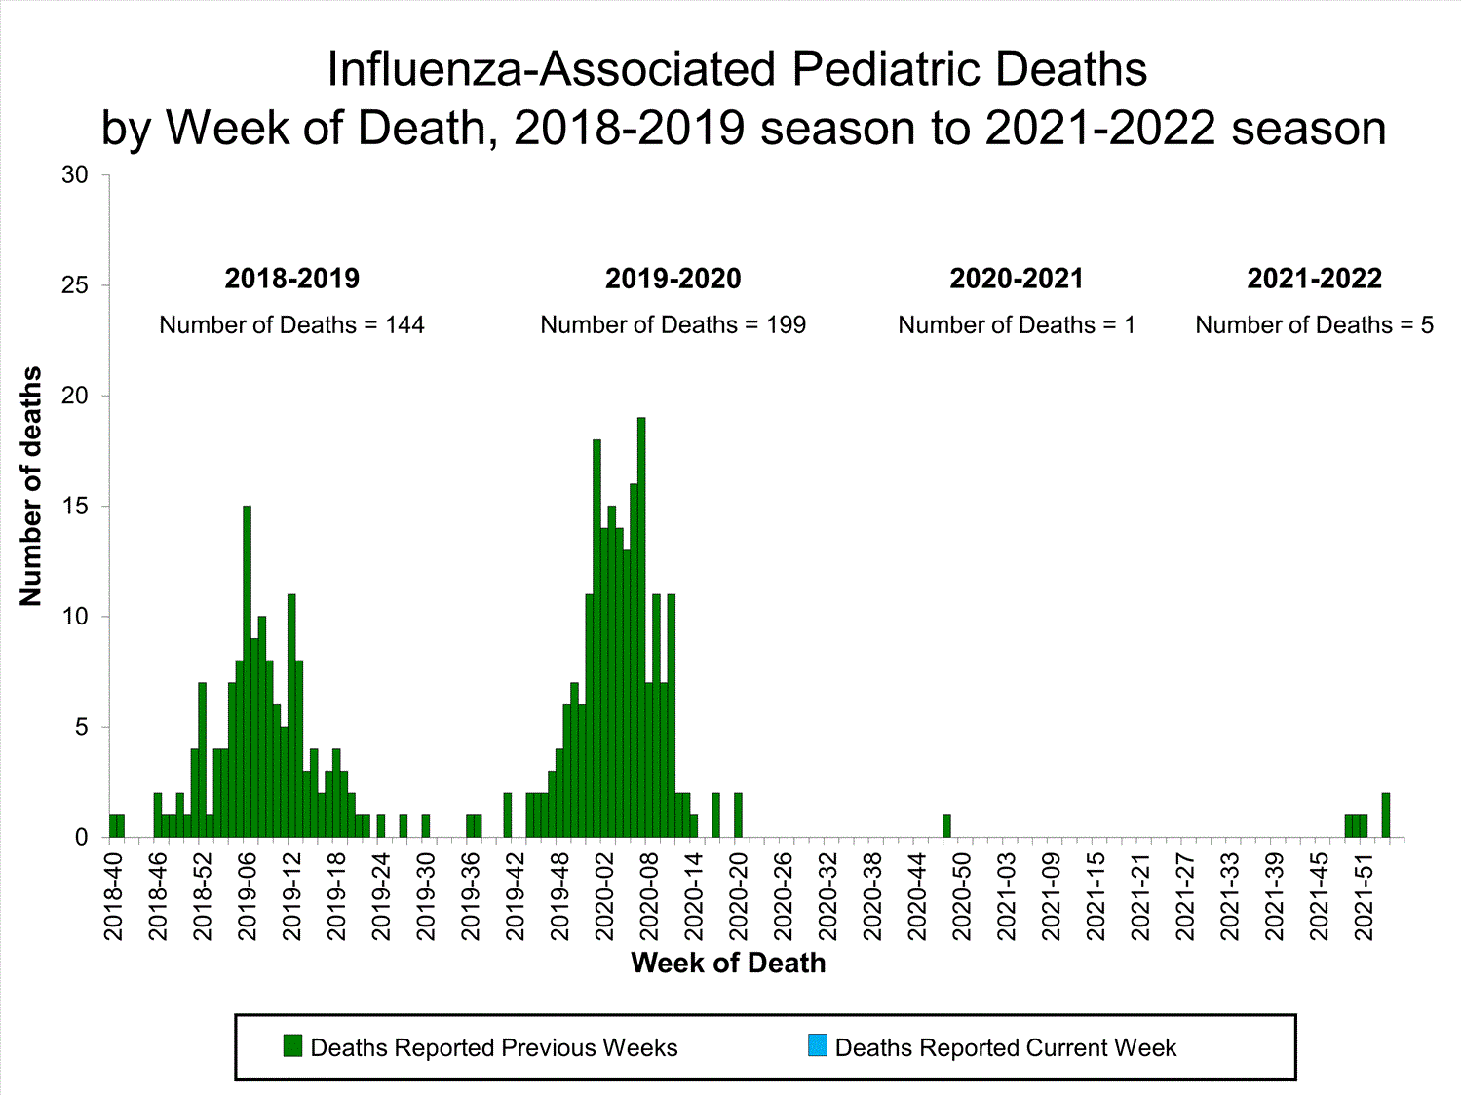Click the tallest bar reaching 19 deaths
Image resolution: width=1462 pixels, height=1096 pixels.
(x=641, y=627)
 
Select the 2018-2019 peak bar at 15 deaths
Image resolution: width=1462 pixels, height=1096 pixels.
(x=248, y=671)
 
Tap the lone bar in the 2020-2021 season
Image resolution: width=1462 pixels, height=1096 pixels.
(x=946, y=826)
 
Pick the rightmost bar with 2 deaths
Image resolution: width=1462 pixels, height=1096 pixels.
(x=1386, y=815)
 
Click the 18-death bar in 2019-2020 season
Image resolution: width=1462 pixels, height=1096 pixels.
(x=596, y=638)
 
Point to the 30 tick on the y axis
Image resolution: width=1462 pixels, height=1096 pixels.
(x=75, y=175)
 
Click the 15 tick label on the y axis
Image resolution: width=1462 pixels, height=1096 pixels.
(x=75, y=507)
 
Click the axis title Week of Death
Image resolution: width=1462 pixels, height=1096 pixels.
(x=728, y=964)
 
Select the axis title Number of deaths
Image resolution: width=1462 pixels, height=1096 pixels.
(x=31, y=486)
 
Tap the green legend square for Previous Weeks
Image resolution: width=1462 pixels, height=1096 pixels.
(x=292, y=1046)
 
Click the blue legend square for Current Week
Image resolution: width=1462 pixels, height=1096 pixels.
(x=817, y=1046)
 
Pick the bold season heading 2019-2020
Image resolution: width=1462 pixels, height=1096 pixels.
(x=673, y=279)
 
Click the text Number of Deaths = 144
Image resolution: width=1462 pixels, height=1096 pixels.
(x=291, y=325)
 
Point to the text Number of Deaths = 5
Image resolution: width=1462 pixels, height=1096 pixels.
(x=1314, y=325)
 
